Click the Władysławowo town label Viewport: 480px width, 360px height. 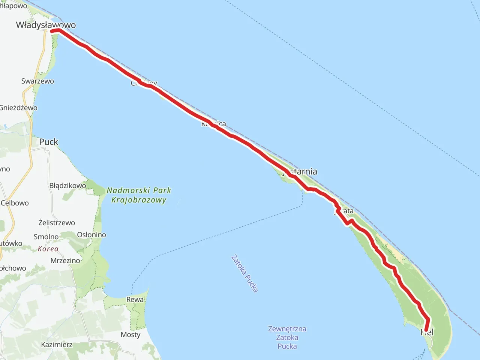46,25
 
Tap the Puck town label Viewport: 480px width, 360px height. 49,142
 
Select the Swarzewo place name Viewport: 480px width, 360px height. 37,81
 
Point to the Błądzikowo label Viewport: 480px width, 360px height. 67,186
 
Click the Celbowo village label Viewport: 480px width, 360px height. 15,203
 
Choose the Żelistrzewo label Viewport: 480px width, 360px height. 57,223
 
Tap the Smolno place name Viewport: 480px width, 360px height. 46,237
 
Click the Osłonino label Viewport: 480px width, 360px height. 91,235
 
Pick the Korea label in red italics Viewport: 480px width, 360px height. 48,249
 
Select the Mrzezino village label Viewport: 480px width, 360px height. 65,261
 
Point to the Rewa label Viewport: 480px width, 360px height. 135,300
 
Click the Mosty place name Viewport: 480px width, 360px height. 130,334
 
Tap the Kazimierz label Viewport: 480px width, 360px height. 57,344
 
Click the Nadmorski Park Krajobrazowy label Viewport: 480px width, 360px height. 139,195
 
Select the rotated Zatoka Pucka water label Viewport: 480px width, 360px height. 244,274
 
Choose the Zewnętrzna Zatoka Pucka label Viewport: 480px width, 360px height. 287,337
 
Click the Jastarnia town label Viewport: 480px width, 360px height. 302,171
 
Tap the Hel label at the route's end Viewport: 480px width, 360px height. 427,332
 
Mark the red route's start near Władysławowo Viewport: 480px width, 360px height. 52,31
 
